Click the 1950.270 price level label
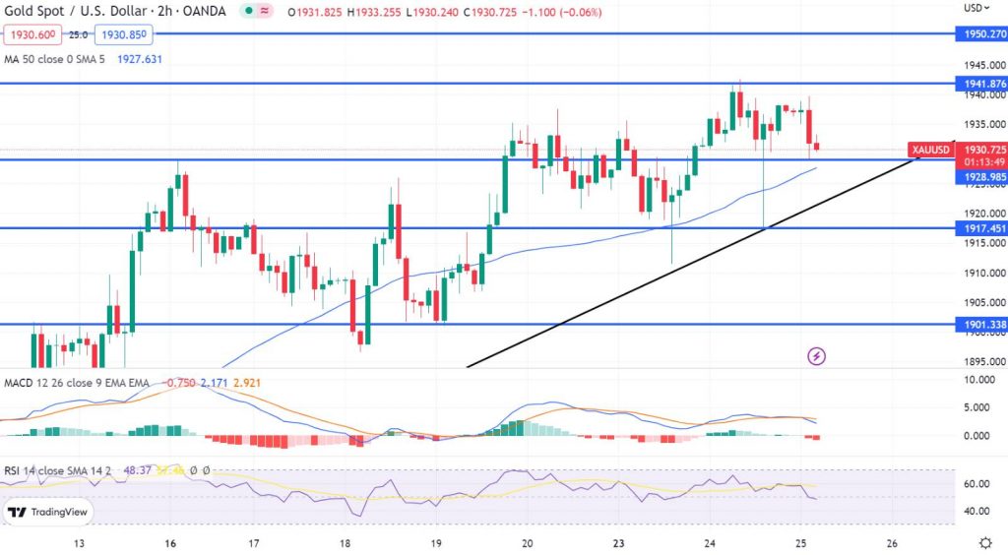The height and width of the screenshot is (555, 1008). (x=980, y=33)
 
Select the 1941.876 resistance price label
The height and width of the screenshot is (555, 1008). (x=980, y=84)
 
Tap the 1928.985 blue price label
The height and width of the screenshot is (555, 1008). (x=980, y=176)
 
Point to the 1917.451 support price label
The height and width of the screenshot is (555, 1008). (x=980, y=228)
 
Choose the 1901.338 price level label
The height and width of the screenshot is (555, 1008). (x=980, y=324)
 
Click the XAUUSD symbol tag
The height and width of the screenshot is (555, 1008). (x=931, y=150)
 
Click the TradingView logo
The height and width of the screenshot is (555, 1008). (x=47, y=512)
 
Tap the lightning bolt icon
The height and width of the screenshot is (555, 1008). (x=815, y=355)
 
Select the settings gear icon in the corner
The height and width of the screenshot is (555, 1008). (x=985, y=543)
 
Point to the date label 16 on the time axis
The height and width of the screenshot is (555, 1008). (x=170, y=543)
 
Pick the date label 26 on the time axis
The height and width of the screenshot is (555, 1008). (x=892, y=543)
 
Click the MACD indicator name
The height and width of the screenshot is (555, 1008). (x=21, y=381)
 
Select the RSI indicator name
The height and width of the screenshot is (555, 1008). (x=14, y=470)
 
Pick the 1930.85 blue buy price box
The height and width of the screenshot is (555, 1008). (x=122, y=34)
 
